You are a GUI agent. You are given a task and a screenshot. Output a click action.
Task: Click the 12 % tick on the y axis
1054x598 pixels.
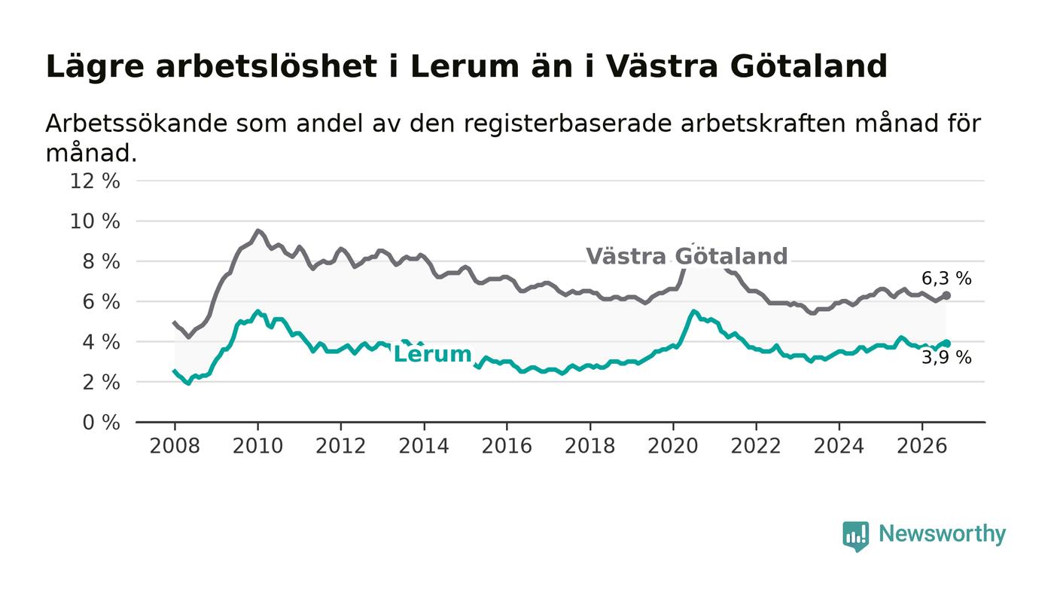pyautogui.click(x=95, y=181)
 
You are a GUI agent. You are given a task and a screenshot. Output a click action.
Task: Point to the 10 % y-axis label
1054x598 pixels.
pyautogui.click(x=95, y=221)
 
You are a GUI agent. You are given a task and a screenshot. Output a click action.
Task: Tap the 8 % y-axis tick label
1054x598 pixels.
pyautogui.click(x=101, y=261)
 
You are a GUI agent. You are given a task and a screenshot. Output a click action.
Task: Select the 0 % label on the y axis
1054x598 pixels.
pyautogui.click(x=101, y=423)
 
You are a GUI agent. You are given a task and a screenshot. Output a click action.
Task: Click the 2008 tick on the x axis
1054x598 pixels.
pyautogui.click(x=175, y=446)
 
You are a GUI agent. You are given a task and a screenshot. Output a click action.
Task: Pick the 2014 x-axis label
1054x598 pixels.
pyautogui.click(x=424, y=446)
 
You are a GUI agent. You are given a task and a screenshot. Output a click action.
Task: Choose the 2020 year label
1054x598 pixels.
pyautogui.click(x=673, y=446)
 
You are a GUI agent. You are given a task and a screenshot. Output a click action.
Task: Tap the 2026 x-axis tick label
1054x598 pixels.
pyautogui.click(x=921, y=446)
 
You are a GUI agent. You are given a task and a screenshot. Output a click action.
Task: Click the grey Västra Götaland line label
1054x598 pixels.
pyautogui.click(x=687, y=256)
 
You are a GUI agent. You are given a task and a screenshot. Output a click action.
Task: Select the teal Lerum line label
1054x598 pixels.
pyautogui.click(x=432, y=354)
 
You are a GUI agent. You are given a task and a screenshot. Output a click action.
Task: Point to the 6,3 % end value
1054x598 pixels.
pyautogui.click(x=946, y=279)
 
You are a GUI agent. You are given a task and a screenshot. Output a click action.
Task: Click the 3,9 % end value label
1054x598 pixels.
pyautogui.click(x=946, y=358)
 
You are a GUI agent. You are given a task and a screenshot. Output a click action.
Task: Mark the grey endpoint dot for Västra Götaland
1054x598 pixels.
pyautogui.click(x=946, y=295)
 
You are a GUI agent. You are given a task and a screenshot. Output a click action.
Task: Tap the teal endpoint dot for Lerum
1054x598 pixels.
pyautogui.click(x=946, y=343)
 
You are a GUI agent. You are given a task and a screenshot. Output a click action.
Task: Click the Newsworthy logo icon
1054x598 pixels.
pyautogui.click(x=855, y=536)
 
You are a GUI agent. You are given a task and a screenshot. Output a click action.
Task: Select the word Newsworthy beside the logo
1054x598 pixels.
pyautogui.click(x=942, y=534)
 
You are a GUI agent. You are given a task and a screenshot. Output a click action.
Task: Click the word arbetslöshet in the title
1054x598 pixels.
pyautogui.click(x=267, y=66)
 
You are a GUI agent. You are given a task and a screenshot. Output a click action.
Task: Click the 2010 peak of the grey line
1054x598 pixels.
pyautogui.click(x=257, y=230)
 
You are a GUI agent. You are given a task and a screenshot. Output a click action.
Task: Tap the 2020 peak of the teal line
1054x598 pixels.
pyautogui.click(x=693, y=311)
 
